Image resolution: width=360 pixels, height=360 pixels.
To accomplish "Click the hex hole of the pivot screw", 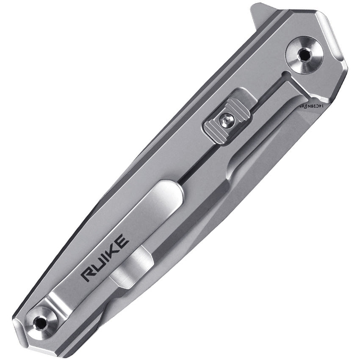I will click(305, 55).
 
